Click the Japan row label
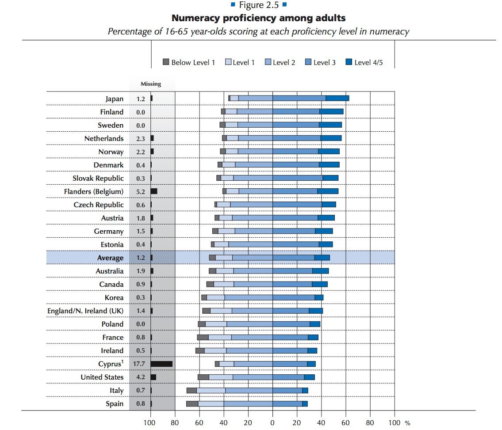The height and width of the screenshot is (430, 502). (114, 99)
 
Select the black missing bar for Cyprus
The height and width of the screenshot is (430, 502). (161, 364)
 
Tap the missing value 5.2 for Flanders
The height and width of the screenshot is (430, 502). (141, 192)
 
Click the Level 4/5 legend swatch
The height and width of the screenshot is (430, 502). (349, 62)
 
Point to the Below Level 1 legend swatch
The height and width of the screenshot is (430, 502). (166, 62)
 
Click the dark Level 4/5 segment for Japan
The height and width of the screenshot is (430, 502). (337, 98)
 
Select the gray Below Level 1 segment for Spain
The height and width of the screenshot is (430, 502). (192, 403)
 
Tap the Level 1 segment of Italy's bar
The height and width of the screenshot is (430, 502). (211, 390)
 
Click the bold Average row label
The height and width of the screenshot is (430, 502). (110, 258)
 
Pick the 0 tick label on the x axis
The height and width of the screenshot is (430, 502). (272, 422)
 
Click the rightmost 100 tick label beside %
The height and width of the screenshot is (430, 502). (395, 422)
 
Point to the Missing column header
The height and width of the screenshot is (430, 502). (151, 84)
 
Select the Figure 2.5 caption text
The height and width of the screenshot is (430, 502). (259, 5)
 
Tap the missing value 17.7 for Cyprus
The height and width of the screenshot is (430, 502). (139, 364)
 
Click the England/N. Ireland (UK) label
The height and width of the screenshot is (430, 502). (85, 311)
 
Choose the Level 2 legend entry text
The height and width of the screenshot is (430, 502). (284, 62)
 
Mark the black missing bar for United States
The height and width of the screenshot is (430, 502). (153, 377)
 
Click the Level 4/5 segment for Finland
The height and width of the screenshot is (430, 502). (331, 111)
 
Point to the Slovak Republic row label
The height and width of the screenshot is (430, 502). (98, 179)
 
